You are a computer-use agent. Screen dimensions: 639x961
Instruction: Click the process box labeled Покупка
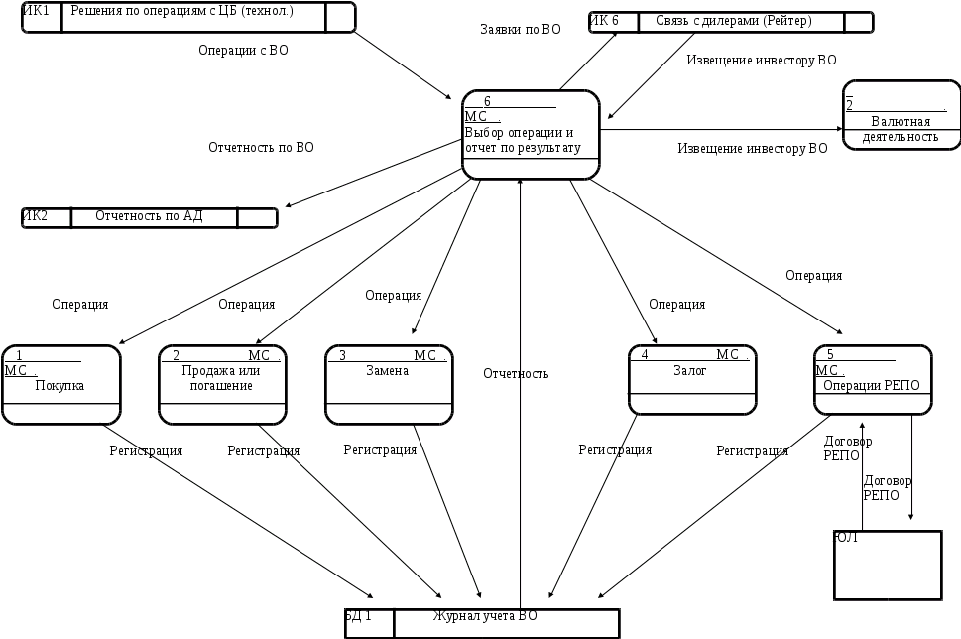60,385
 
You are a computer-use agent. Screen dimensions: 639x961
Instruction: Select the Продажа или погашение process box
221,385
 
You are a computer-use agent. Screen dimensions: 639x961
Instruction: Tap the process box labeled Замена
388,385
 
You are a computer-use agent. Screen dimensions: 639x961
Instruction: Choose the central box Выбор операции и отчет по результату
531,135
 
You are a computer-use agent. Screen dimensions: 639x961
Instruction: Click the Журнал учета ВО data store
484,622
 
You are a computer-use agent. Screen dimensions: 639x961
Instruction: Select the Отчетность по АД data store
150,217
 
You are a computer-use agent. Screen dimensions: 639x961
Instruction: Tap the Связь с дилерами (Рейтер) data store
732,22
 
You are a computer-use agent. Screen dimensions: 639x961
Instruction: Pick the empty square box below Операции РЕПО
886,566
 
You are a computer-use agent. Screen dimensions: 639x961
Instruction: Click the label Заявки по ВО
520,31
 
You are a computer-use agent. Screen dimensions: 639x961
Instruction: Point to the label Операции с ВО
243,50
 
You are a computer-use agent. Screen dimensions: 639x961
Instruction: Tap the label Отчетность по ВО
261,147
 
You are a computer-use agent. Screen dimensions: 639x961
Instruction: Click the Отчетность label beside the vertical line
516,374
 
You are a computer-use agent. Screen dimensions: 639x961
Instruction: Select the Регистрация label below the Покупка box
146,451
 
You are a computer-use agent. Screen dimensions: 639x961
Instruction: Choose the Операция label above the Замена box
393,295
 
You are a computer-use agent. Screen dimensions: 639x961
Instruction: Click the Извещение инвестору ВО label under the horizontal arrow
752,148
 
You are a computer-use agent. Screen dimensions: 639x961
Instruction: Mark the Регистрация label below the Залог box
615,450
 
